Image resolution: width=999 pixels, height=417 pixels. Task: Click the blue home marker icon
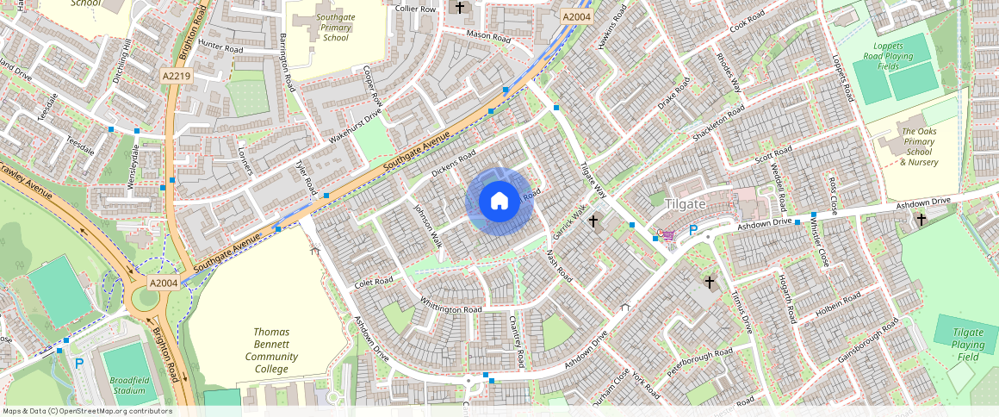tap(499, 202)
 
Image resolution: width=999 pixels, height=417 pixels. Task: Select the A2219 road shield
tap(176, 77)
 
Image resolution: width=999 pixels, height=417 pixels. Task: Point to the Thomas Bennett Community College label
tap(271, 351)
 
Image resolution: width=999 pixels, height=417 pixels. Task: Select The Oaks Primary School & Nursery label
tap(919, 146)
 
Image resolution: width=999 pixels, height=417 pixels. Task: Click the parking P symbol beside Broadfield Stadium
tap(79, 364)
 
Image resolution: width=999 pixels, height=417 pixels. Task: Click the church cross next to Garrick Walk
tap(593, 222)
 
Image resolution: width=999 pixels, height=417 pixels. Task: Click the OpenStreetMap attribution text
tap(87, 411)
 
